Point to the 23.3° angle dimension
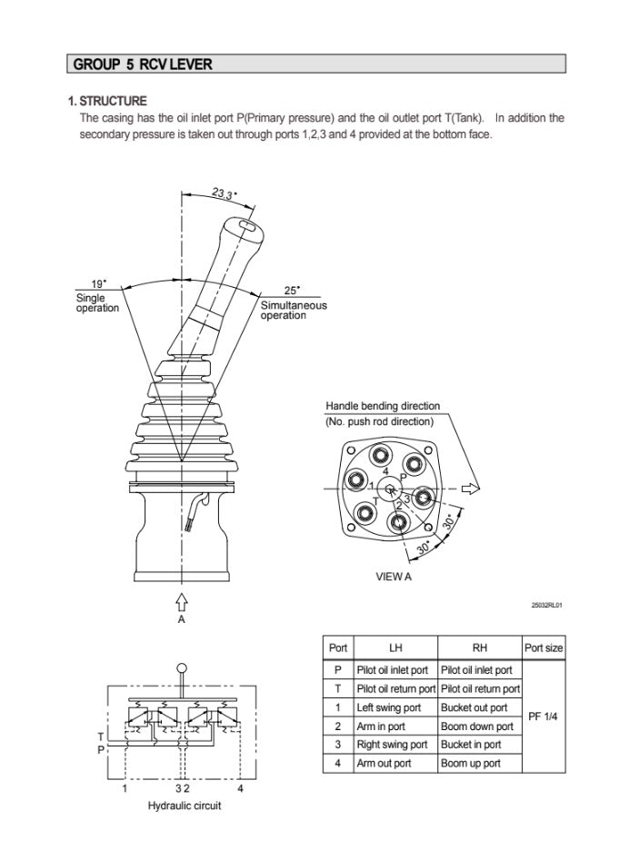pos(225,194)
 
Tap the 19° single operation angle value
pos(98,284)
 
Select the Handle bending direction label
pos(382,406)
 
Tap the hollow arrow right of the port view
pos(470,489)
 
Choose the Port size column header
pos(544,647)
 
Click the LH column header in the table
pos(395,647)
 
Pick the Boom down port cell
pos(476,726)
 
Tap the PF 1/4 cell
pos(544,717)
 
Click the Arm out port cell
pos(384,763)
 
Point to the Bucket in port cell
pos(471,745)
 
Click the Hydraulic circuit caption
pos(184,806)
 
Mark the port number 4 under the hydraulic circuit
pos(241,788)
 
